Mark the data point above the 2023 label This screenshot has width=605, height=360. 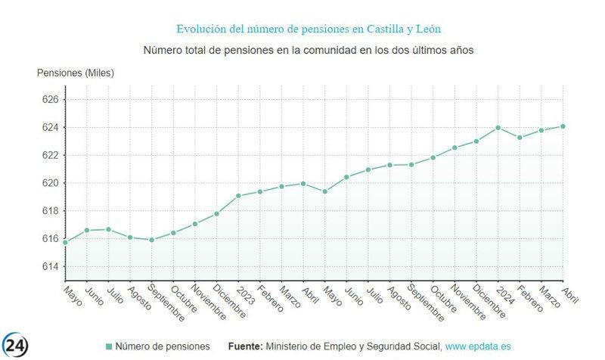coord(238,196)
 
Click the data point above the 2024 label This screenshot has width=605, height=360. coord(498,128)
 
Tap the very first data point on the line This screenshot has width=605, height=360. coord(65,242)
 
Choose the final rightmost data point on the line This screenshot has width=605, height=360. coord(563,126)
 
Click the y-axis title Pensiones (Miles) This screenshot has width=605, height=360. coord(76,73)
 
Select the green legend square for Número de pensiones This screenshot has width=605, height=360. coord(109,346)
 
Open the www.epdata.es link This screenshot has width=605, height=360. coord(478,346)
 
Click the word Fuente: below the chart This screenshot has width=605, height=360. coord(246,346)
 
